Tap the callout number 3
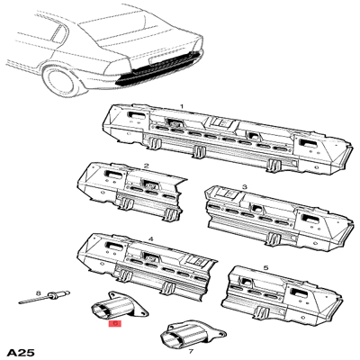click(243, 187)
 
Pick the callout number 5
click(265, 267)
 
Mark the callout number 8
click(38, 293)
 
